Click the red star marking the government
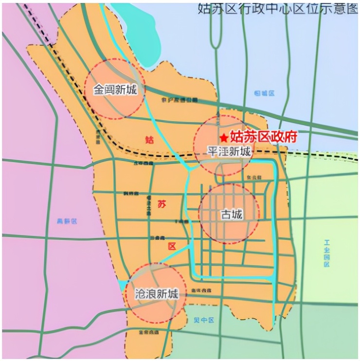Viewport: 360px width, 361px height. pyautogui.click(x=223, y=138)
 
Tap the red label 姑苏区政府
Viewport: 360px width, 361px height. pyautogui.click(x=263, y=137)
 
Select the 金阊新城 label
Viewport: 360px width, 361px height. pyautogui.click(x=115, y=90)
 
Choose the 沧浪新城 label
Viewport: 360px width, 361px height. pyautogui.click(x=152, y=294)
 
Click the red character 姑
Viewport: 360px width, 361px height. pyautogui.click(x=149, y=140)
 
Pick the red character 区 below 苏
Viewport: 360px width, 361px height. pyautogui.click(x=172, y=247)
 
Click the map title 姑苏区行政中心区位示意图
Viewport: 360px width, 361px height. pyautogui.click(x=277, y=8)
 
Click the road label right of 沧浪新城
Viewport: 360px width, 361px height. pyautogui.click(x=201, y=290)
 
